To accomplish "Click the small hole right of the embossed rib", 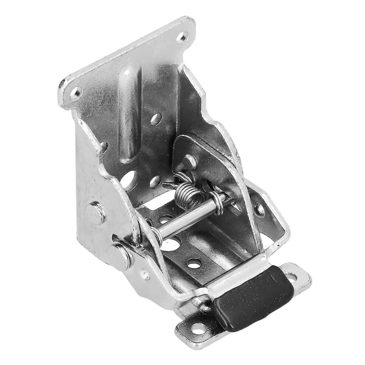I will [x=156, y=119].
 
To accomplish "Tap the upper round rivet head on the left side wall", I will [x=96, y=213].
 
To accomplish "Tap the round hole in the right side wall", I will [x=260, y=211].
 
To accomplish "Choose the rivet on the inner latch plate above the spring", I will [x=190, y=161].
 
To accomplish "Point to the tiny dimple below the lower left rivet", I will [x=146, y=274].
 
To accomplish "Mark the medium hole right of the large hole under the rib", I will [x=155, y=181].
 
